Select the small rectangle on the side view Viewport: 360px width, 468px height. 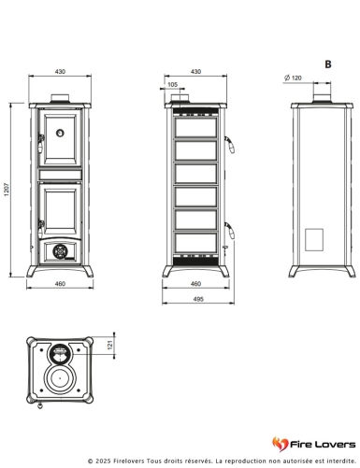(x=315, y=237)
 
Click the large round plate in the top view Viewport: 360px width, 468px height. (x=62, y=381)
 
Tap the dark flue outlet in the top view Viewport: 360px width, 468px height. (x=61, y=353)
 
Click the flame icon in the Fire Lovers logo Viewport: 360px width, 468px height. (x=278, y=443)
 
